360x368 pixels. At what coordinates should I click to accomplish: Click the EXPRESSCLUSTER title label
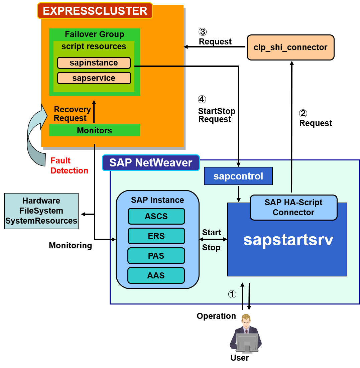pyautogui.click(x=95, y=11)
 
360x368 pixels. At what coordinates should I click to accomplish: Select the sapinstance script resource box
pyautogui.click(x=94, y=63)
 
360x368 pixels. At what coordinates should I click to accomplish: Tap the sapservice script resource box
pyautogui.click(x=94, y=78)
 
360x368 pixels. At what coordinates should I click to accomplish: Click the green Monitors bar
pyautogui.click(x=95, y=130)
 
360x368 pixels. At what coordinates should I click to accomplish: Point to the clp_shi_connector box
pyautogui.click(x=290, y=47)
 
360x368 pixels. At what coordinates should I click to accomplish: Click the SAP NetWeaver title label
pyautogui.click(x=151, y=163)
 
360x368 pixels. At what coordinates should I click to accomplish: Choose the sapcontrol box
pyautogui.click(x=238, y=176)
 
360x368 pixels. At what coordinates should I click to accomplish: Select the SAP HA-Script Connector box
pyautogui.click(x=293, y=208)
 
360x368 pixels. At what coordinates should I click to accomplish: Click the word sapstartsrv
pyautogui.click(x=288, y=240)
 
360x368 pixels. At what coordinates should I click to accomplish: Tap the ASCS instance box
pyautogui.click(x=156, y=216)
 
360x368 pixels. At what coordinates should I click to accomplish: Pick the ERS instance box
pyautogui.click(x=156, y=236)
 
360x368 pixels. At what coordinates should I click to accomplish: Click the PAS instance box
pyautogui.click(x=156, y=256)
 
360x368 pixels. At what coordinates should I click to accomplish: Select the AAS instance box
pyautogui.click(x=156, y=275)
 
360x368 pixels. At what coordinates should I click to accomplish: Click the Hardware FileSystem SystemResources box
pyautogui.click(x=41, y=211)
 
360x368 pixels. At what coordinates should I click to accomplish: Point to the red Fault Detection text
pyautogui.click(x=69, y=166)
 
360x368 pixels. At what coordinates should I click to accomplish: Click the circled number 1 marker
pyautogui.click(x=232, y=294)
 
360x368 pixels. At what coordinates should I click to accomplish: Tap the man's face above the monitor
pyautogui.click(x=246, y=321)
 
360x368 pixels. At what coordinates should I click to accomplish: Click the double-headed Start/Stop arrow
pyautogui.click(x=213, y=239)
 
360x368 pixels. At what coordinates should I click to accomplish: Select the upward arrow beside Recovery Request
pyautogui.click(x=94, y=112)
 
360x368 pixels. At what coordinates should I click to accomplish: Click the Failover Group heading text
pyautogui.click(x=94, y=34)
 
